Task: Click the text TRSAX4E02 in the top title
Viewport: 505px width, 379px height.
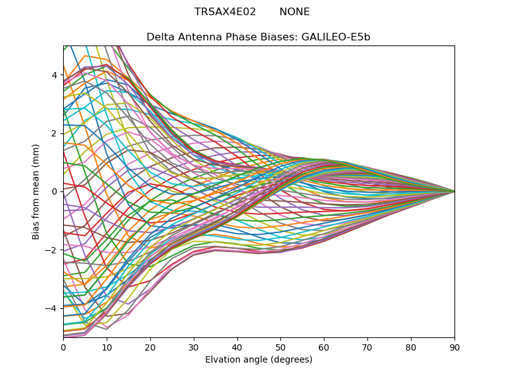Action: (x=225, y=12)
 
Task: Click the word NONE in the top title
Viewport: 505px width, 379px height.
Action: (x=294, y=12)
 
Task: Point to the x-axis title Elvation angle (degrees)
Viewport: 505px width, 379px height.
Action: (x=259, y=360)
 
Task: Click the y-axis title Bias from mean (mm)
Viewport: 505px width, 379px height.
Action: (x=37, y=191)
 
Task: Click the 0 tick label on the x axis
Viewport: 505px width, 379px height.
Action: (x=63, y=346)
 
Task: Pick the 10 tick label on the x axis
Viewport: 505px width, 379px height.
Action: (x=107, y=346)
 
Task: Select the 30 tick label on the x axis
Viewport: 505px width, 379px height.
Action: (x=194, y=346)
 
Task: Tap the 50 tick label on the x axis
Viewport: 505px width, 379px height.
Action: (x=280, y=346)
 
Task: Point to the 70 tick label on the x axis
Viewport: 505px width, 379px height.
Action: (x=367, y=346)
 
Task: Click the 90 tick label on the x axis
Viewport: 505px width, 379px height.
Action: (x=454, y=346)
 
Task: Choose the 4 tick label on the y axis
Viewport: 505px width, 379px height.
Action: (x=55, y=75)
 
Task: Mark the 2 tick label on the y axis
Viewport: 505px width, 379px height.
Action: (x=55, y=133)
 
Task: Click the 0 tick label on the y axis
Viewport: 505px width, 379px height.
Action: (x=55, y=191)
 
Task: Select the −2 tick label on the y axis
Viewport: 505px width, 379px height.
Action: (x=52, y=250)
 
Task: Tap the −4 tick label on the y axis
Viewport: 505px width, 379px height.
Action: (x=52, y=308)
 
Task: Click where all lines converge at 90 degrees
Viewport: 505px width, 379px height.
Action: (x=454, y=191)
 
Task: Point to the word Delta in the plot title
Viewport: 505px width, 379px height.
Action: (x=160, y=37)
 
